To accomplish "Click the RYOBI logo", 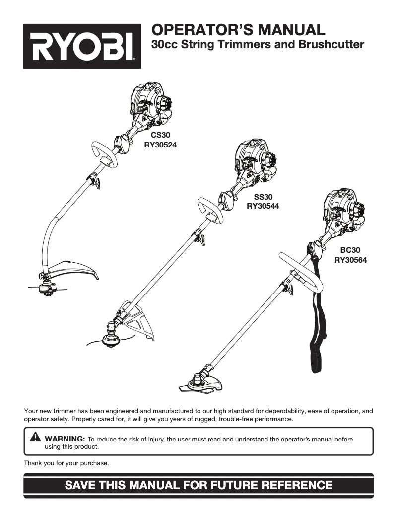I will coord(82,46).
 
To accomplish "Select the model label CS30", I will coord(160,135).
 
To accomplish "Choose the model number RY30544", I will coord(263,207).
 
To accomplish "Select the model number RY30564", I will coord(350,259).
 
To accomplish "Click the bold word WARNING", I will coord(65,440).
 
